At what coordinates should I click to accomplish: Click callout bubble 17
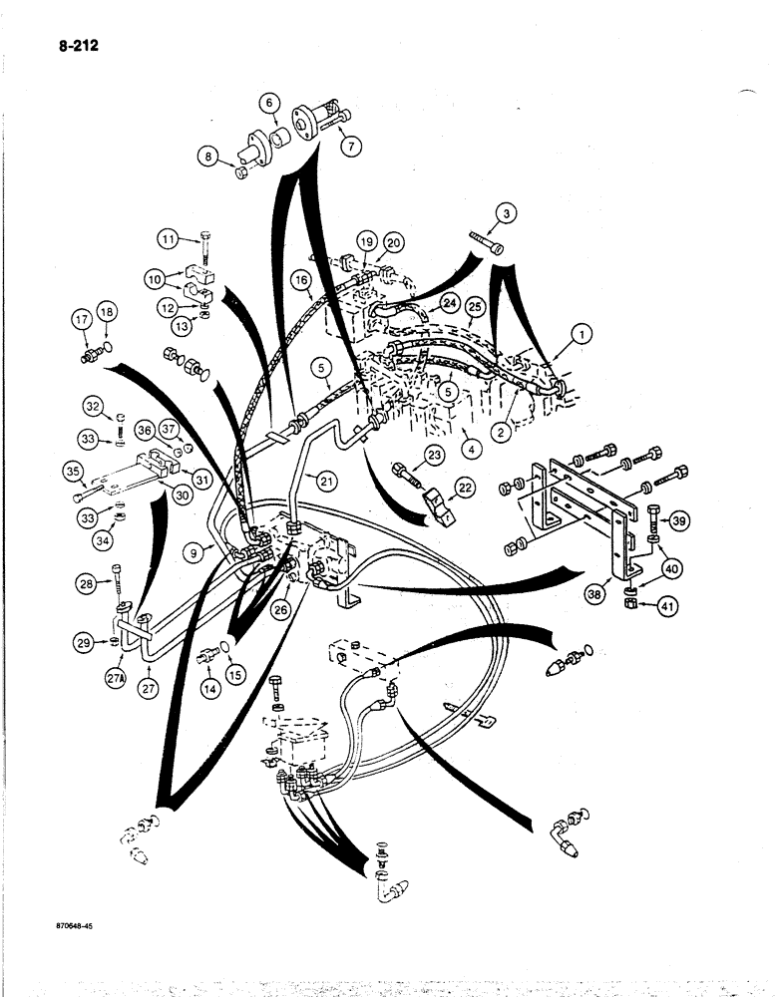click(82, 320)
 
